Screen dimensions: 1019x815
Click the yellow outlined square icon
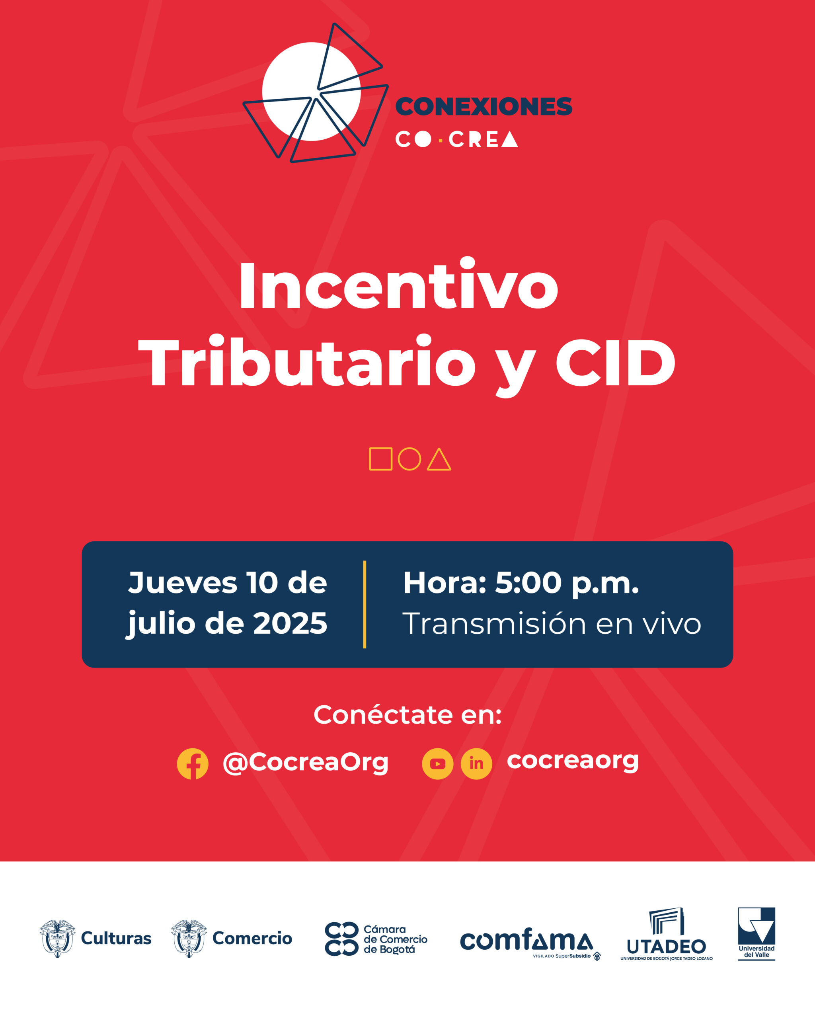380,459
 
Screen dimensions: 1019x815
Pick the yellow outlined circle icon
409,459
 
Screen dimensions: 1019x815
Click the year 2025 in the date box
290,623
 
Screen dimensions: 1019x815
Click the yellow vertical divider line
365,605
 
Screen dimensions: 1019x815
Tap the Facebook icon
192,764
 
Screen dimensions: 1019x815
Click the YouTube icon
437,764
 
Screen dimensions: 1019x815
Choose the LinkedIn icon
476,764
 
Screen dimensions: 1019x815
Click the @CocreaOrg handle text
305,762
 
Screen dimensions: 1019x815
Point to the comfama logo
527,941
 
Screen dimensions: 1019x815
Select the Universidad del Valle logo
757,933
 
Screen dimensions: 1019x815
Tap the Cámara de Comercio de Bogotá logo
376,939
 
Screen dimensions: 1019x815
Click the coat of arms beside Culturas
58,938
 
